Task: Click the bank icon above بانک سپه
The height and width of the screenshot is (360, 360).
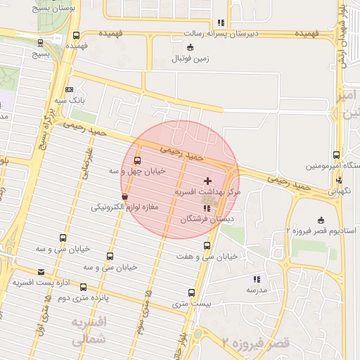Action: tap(69, 89)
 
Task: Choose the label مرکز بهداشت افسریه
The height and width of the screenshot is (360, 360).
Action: tap(207, 191)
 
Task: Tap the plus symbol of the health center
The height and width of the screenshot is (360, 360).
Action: tap(207, 181)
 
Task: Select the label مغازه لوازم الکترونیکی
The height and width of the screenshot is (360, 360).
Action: tap(125, 207)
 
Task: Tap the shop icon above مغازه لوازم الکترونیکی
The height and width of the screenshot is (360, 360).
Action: tap(125, 197)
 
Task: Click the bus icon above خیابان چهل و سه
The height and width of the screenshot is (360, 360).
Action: tap(136, 160)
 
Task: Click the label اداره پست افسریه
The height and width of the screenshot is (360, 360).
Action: tap(40, 283)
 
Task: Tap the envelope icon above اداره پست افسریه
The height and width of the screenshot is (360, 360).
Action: tap(41, 272)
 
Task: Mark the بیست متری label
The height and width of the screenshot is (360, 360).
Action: tap(193, 304)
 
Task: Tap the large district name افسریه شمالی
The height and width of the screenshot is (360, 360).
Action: tap(88, 330)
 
